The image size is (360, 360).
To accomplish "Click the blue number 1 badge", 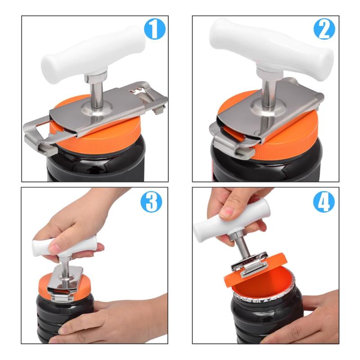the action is [x=154, y=29].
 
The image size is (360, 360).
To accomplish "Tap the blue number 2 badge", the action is [x=324, y=29].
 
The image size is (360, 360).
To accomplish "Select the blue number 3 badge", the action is [x=151, y=202].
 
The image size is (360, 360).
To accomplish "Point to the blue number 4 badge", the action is [x=324, y=202].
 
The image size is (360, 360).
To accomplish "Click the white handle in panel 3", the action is [x=65, y=246].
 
